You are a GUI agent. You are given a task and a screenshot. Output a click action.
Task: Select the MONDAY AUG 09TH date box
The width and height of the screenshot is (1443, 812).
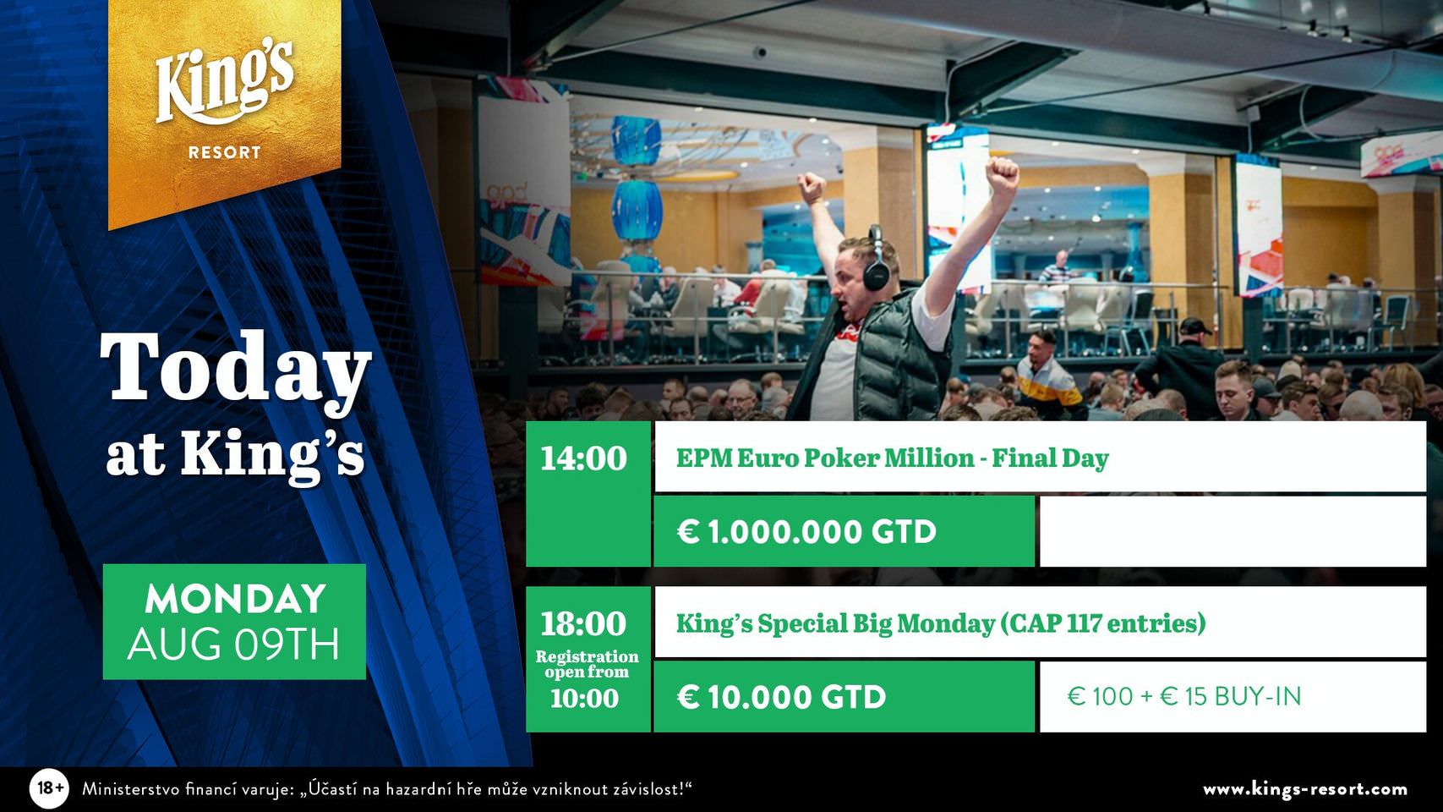click(234, 622)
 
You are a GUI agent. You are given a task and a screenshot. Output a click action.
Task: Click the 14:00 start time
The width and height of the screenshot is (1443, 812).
click(583, 458)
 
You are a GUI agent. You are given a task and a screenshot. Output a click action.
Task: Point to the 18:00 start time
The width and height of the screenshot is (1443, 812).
click(583, 623)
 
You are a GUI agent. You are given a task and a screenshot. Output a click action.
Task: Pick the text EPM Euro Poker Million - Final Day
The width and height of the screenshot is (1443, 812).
click(892, 458)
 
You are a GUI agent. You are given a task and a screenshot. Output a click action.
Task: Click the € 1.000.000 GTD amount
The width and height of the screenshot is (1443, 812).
click(806, 532)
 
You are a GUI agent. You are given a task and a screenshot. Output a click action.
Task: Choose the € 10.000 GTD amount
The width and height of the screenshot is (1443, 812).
click(781, 697)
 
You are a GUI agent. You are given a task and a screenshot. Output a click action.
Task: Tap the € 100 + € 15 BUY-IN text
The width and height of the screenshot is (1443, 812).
click(1184, 697)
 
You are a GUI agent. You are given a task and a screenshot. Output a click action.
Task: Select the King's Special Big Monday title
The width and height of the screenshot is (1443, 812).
click(941, 623)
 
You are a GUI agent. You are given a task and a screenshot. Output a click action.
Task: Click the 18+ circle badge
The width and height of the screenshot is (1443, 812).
click(50, 788)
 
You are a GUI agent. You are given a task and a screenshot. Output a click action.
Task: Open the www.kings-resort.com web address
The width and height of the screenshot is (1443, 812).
click(1305, 789)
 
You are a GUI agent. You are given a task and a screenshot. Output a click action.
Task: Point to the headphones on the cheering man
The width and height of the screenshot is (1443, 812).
click(876, 261)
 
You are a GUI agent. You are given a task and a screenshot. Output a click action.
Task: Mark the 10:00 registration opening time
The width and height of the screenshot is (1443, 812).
click(584, 699)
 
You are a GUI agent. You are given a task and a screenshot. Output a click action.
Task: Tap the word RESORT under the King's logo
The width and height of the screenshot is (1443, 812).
click(225, 153)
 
